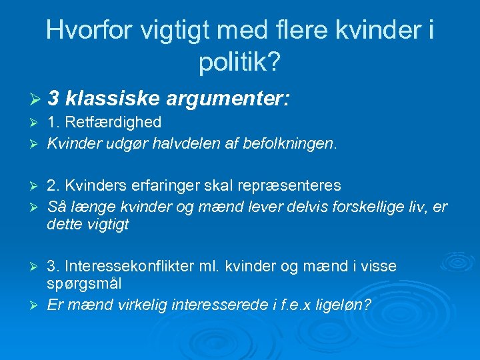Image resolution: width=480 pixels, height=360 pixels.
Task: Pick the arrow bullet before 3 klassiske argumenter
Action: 37,100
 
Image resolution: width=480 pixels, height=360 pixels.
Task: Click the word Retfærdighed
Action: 113,122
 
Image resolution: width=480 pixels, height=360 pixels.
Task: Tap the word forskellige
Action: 354,205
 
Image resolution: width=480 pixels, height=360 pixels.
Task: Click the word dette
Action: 65,225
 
